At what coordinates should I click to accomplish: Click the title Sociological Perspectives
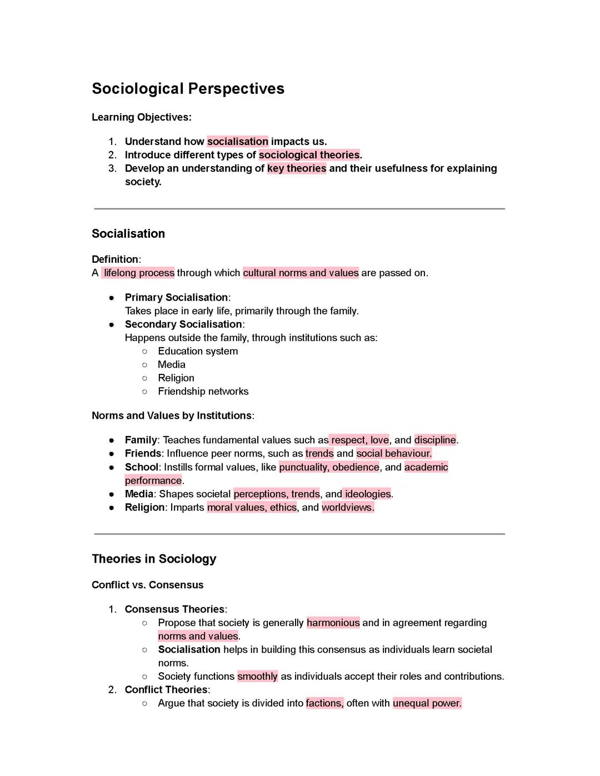pyautogui.click(x=188, y=89)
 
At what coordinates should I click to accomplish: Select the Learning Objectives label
pyautogui.click(x=141, y=117)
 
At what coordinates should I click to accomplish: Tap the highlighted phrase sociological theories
pyautogui.click(x=309, y=155)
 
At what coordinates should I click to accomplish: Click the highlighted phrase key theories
pyautogui.click(x=297, y=168)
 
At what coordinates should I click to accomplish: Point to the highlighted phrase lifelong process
pyautogui.click(x=138, y=273)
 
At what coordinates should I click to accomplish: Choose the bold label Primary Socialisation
pyautogui.click(x=176, y=297)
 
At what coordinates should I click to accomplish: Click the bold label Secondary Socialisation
pyautogui.click(x=183, y=324)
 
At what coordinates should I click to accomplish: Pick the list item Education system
pyautogui.click(x=198, y=351)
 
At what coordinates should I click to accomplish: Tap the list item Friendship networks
pyautogui.click(x=203, y=391)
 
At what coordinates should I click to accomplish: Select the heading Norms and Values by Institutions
pyautogui.click(x=172, y=415)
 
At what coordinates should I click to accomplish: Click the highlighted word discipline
pyautogui.click(x=435, y=440)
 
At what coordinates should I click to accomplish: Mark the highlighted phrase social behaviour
pyautogui.click(x=394, y=453)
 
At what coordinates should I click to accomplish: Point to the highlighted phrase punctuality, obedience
pyautogui.click(x=329, y=467)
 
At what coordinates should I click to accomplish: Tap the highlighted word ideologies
pyautogui.click(x=368, y=494)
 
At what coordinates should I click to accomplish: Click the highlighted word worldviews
pyautogui.click(x=348, y=507)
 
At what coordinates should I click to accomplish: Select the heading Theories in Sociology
pyautogui.click(x=154, y=559)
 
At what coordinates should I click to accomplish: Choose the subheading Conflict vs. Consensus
pyautogui.click(x=147, y=585)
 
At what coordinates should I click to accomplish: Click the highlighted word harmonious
pyautogui.click(x=333, y=623)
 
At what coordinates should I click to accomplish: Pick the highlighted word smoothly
pyautogui.click(x=257, y=676)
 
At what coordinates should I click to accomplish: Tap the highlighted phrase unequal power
pyautogui.click(x=427, y=703)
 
